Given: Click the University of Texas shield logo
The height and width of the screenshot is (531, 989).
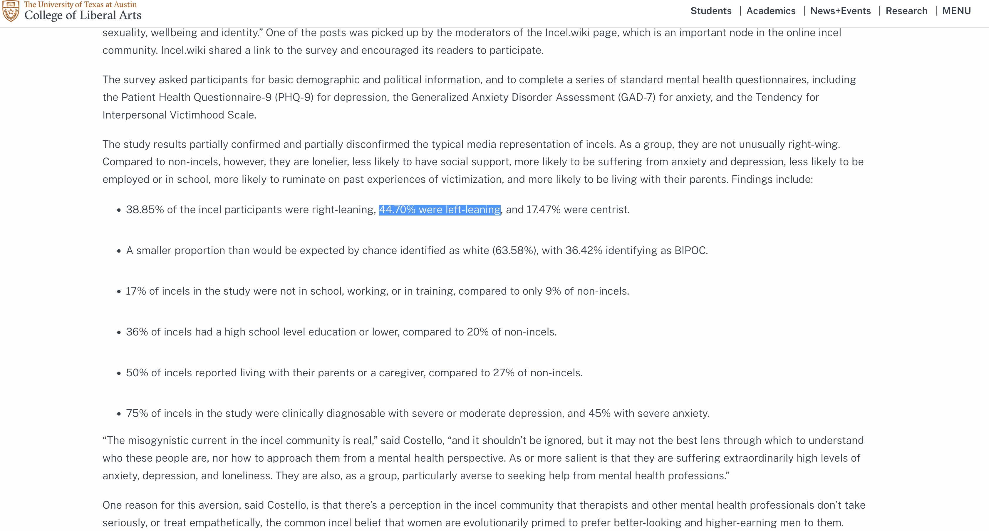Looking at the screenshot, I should coord(11,11).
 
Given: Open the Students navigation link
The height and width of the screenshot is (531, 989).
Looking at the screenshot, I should coord(711,11).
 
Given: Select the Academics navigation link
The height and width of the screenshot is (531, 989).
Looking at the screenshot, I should coord(771,11).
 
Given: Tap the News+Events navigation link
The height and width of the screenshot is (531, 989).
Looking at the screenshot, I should coord(840,11).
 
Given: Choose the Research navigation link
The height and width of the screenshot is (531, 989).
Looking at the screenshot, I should coord(906,11).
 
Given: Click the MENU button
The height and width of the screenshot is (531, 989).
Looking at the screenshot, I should coord(956,11).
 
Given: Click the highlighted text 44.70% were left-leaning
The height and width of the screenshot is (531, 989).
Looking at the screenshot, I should coord(440,210).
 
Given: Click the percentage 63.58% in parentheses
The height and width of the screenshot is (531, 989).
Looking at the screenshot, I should coord(514,251).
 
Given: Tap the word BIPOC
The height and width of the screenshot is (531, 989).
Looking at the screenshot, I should coord(690,251).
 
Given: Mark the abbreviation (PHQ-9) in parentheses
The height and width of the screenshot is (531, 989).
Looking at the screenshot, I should coord(294,98).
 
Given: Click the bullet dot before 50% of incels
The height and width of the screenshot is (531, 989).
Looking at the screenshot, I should coord(119,373).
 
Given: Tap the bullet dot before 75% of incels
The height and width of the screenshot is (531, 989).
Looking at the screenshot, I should coord(119,414).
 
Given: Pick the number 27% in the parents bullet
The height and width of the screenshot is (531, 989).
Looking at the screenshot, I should coord(503,373).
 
